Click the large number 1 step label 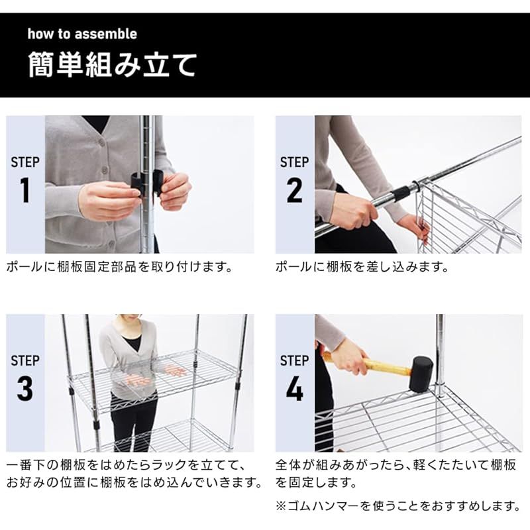click(x=25, y=190)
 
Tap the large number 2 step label click(x=294, y=190)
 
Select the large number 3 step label click(x=25, y=388)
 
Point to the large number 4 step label click(x=294, y=388)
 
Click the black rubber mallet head click(x=421, y=374)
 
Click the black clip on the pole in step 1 click(x=147, y=185)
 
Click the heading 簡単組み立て click(x=112, y=65)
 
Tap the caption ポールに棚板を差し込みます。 click(x=362, y=267)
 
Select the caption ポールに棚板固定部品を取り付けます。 click(x=119, y=267)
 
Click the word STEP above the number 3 click(x=25, y=360)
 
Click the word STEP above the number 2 click(x=294, y=162)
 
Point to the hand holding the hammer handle click(x=348, y=358)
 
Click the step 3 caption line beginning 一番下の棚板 click(x=126, y=465)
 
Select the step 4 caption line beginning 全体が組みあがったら click(x=396, y=465)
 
